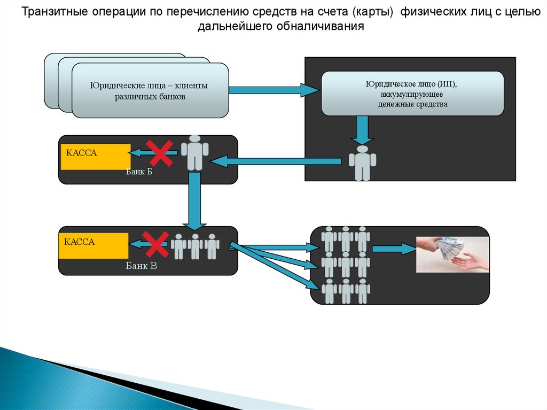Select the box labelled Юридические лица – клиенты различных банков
[150, 91]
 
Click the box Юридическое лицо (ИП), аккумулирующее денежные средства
[412, 94]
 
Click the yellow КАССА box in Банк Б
[96, 157]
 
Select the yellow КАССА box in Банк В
[93, 245]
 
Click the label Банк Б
[139, 172]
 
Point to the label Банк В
[141, 264]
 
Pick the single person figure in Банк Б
[194, 153]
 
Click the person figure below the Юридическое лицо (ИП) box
[363, 163]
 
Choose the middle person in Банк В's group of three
[194, 246]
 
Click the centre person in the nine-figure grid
[346, 265]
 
